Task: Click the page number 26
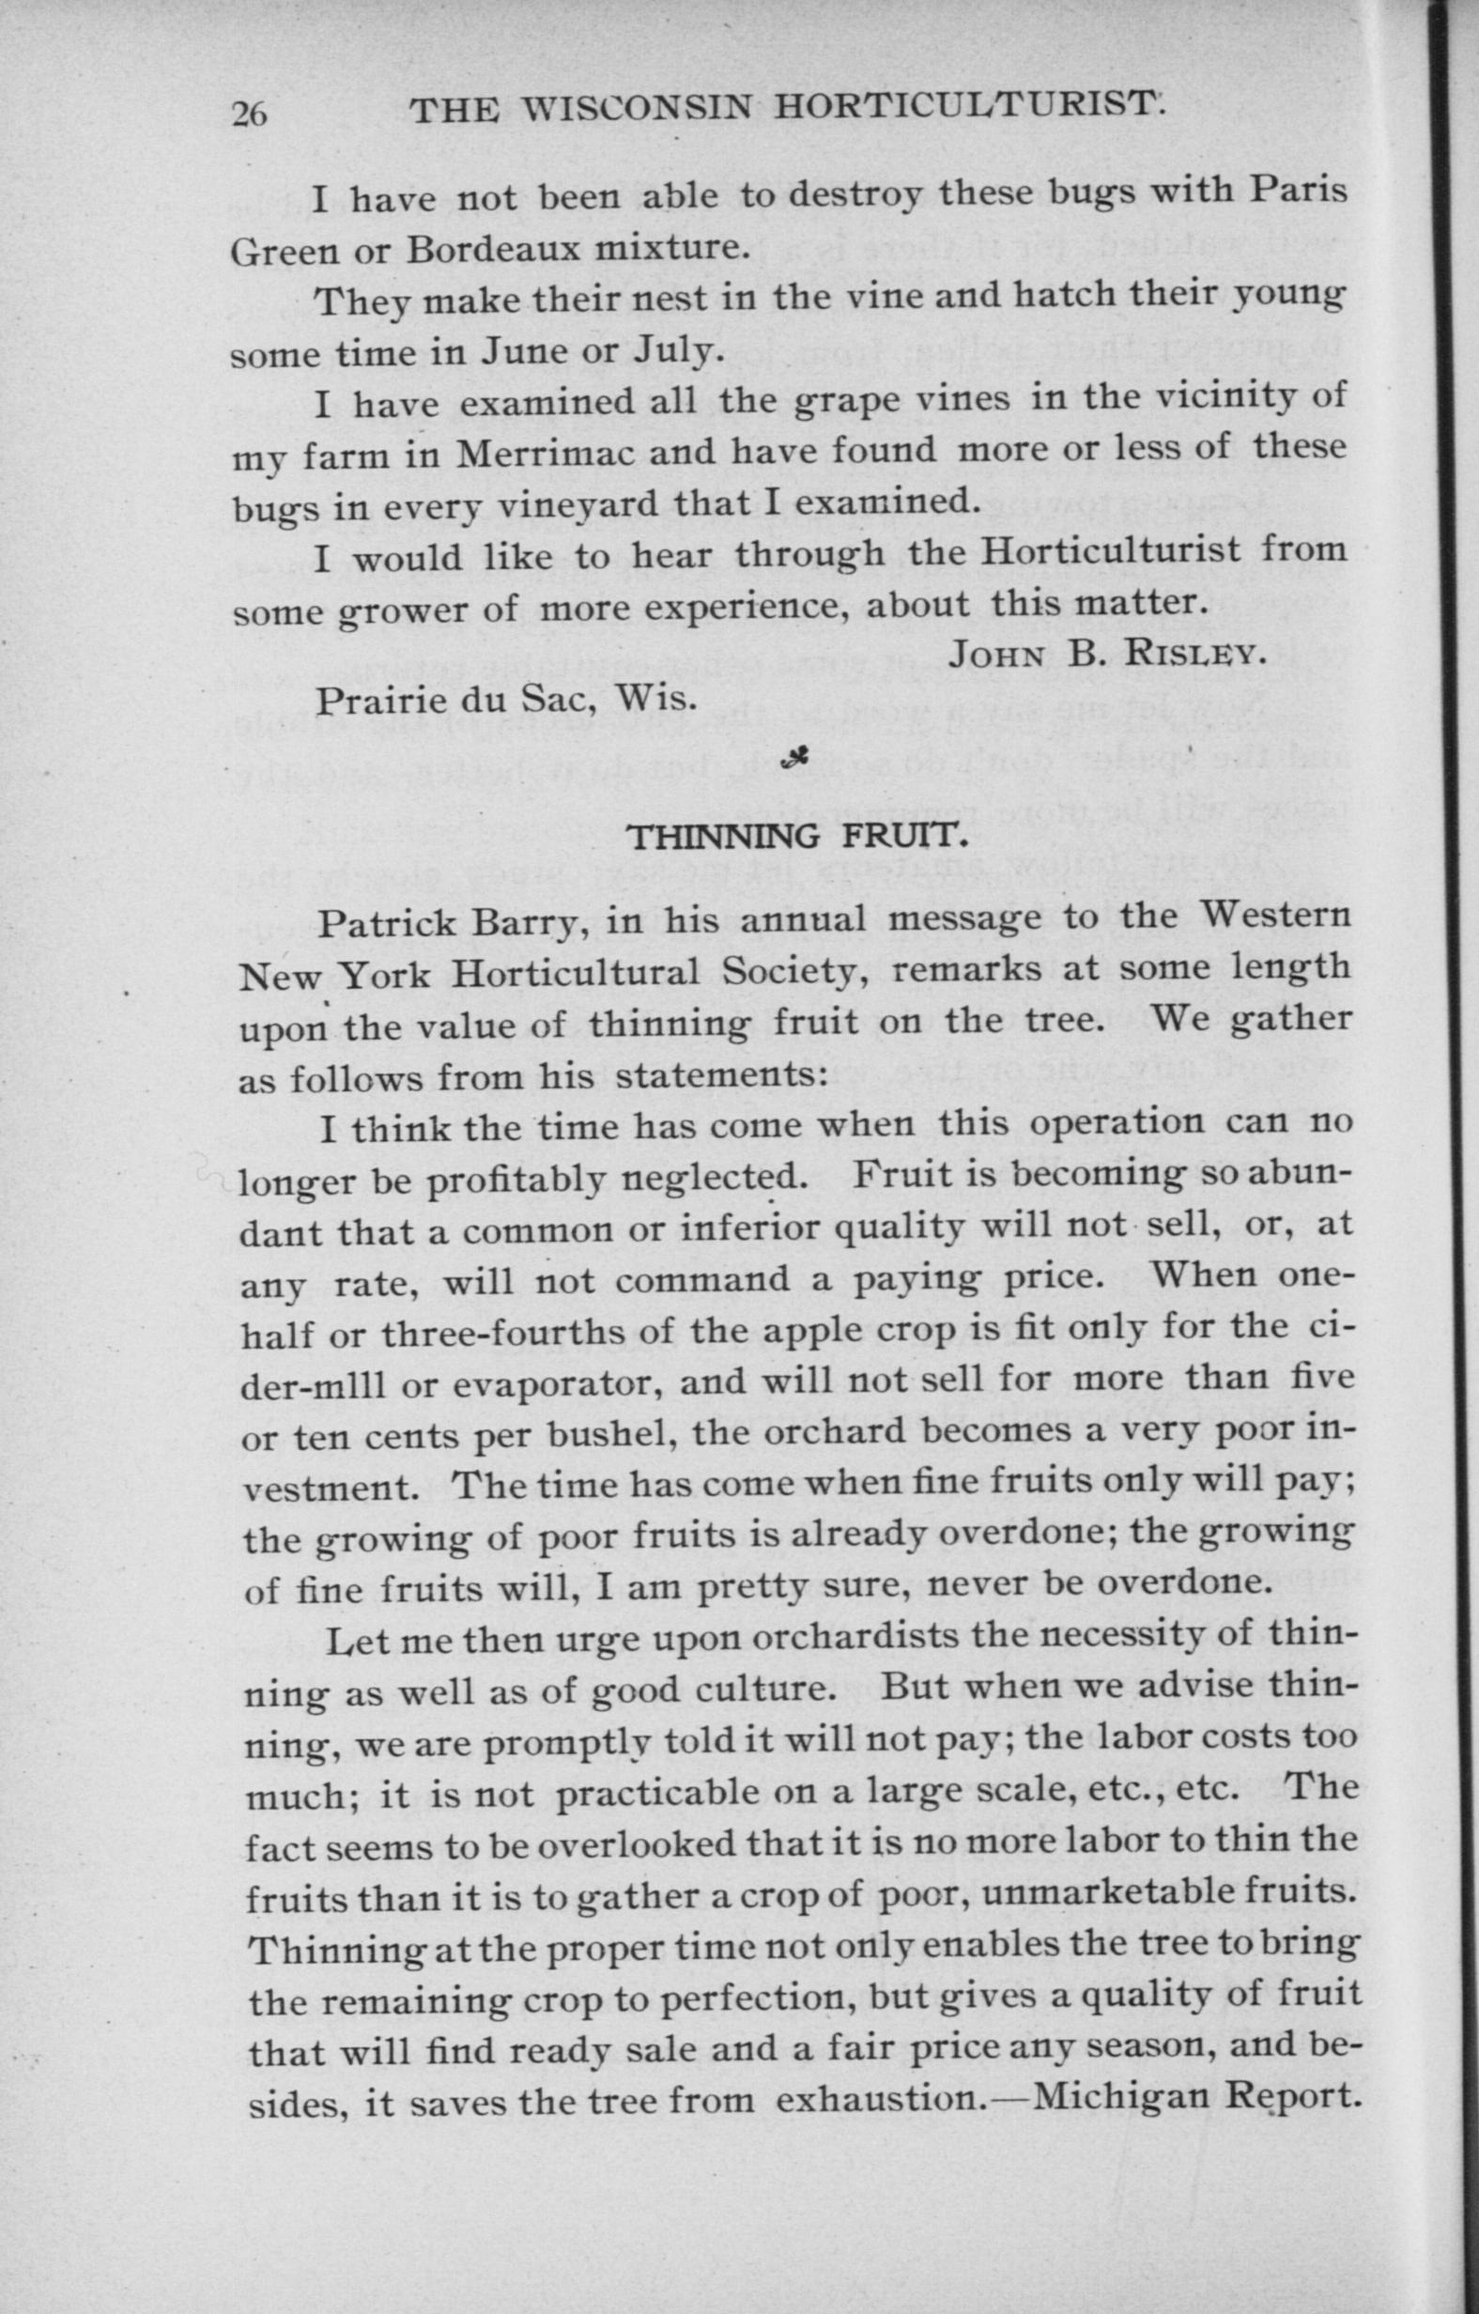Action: coord(249,115)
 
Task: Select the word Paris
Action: coord(1299,191)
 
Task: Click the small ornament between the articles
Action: coord(793,760)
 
